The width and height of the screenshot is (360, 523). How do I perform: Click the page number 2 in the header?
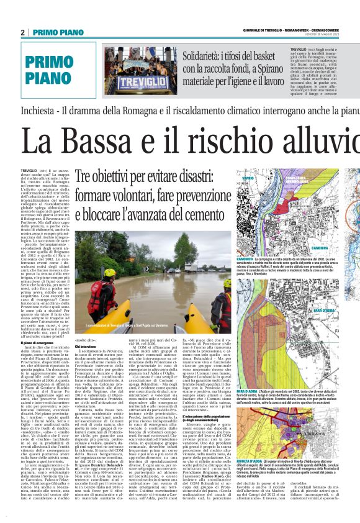pos(23,32)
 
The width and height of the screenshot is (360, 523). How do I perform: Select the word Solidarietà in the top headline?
pos(205,56)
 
